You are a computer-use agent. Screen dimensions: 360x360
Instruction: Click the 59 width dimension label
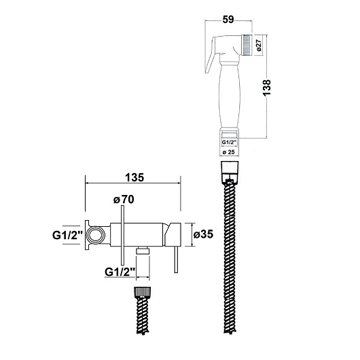click(228, 20)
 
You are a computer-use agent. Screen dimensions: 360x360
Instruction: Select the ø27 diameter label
click(259, 45)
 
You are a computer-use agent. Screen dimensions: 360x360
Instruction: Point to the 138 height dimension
click(267, 88)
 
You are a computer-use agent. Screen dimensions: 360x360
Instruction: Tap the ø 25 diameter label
click(229, 151)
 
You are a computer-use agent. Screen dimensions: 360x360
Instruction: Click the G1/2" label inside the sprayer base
click(229, 142)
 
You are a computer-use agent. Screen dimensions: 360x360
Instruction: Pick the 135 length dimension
click(134, 177)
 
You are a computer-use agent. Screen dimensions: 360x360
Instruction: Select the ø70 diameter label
click(124, 199)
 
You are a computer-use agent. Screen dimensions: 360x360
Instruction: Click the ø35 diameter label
click(203, 234)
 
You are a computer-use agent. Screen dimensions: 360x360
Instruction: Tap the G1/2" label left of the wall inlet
click(67, 235)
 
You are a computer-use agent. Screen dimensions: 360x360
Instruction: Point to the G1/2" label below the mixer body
click(120, 272)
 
